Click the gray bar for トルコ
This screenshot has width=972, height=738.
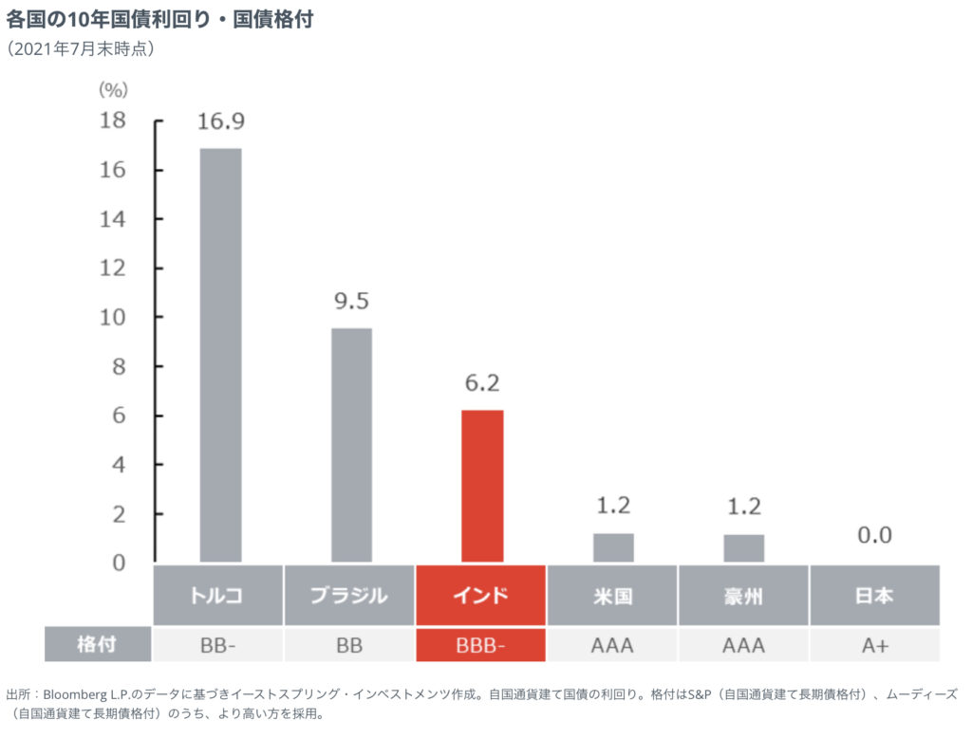point(220,355)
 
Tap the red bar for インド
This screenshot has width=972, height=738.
point(482,486)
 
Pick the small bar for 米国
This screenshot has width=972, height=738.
point(613,547)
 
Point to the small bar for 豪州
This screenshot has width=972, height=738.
point(744,547)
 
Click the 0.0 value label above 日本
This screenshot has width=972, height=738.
point(874,535)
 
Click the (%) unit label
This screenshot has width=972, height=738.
point(113,90)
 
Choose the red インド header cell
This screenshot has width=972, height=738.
point(481,596)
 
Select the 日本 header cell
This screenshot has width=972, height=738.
point(874,596)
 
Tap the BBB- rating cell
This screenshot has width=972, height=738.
point(481,646)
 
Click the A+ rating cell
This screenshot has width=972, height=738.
point(874,646)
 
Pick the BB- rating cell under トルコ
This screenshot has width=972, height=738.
point(218,646)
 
